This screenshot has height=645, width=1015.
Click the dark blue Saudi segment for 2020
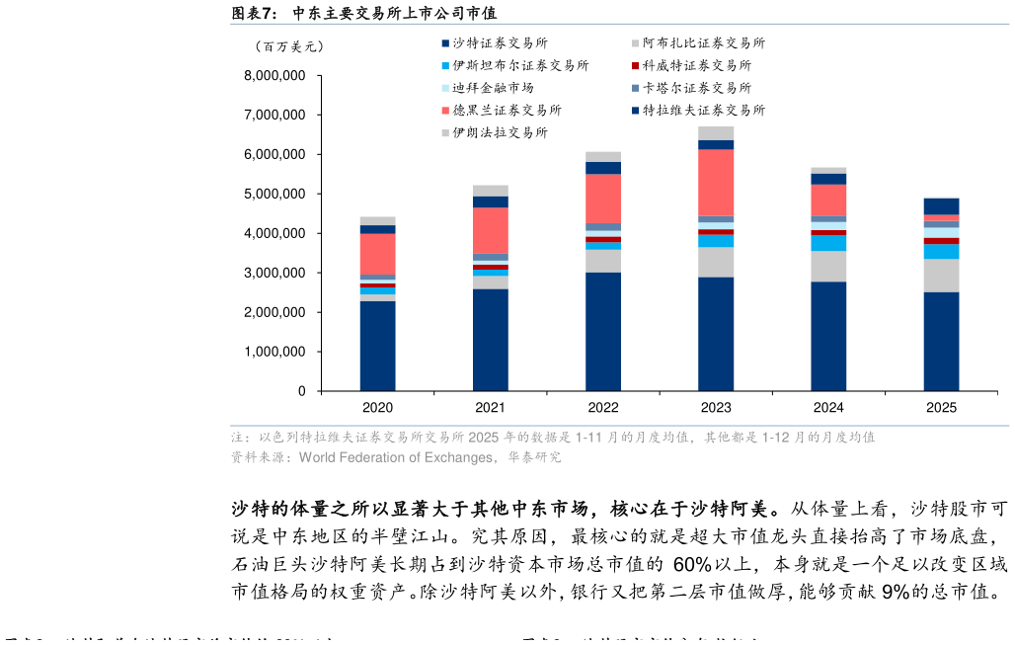377,346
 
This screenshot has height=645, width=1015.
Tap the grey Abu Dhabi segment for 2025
941,276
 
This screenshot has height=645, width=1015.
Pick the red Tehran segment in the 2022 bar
603,199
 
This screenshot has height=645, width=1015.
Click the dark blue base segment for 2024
828,336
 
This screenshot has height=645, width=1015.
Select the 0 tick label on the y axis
301,391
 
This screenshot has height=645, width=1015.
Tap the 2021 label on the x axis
490,407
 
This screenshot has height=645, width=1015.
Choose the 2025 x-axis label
941,407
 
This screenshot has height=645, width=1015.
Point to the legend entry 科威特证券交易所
696,65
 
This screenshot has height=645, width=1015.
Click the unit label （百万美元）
288,46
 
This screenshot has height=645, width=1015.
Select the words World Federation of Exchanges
396,457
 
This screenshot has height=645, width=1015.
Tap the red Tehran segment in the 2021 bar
490,231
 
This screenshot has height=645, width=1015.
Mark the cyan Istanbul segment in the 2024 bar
828,243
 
